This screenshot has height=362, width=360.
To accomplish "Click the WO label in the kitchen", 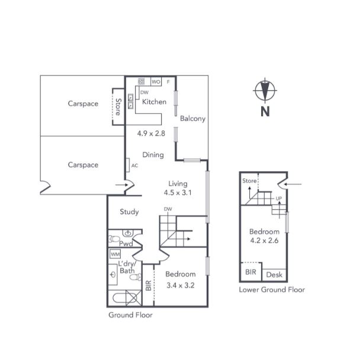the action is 156,82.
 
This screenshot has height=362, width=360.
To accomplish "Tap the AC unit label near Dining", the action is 134,165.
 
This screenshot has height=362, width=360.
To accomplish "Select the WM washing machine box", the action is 115,254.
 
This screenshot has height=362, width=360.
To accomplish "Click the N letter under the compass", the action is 265,111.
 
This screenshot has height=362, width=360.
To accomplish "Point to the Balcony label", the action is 192,118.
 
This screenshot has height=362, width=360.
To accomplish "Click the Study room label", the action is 129,212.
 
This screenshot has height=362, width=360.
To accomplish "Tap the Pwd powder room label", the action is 126,244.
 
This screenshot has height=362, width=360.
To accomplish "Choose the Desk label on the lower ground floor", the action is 274,275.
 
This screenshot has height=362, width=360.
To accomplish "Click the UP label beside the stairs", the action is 279,198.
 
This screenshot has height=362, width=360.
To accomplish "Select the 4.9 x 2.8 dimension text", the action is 151,133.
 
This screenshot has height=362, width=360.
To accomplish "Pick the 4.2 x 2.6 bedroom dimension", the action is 264,241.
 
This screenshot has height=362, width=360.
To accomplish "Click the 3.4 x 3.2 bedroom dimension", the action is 181,286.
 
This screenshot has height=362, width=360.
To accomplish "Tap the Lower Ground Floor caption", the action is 272,290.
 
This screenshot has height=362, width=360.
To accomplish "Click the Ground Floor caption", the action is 130,315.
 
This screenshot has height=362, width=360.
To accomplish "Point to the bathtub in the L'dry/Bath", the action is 120,298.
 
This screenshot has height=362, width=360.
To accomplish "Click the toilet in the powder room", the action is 114,239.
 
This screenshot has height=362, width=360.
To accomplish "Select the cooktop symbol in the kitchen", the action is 142,82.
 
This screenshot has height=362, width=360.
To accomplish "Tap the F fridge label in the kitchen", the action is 168,82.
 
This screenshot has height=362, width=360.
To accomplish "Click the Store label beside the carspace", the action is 118,107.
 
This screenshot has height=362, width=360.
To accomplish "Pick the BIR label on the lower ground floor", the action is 250,272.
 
